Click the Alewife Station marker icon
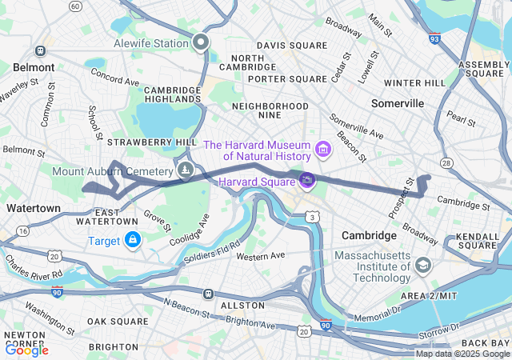pos(200,42)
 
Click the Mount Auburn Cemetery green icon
pos(185,170)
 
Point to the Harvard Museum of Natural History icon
pos(323,149)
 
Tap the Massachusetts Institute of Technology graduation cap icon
pos(423,265)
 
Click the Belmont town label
pos(34,68)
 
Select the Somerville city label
pos(398,104)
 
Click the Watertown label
pos(33,208)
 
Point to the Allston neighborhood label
pos(242,306)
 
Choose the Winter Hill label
pos(414,82)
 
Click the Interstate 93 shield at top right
pos(434,38)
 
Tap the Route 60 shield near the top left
pos(75,6)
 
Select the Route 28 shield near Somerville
pos(446,162)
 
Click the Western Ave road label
pos(261,256)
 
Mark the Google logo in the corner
pos(26,350)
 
